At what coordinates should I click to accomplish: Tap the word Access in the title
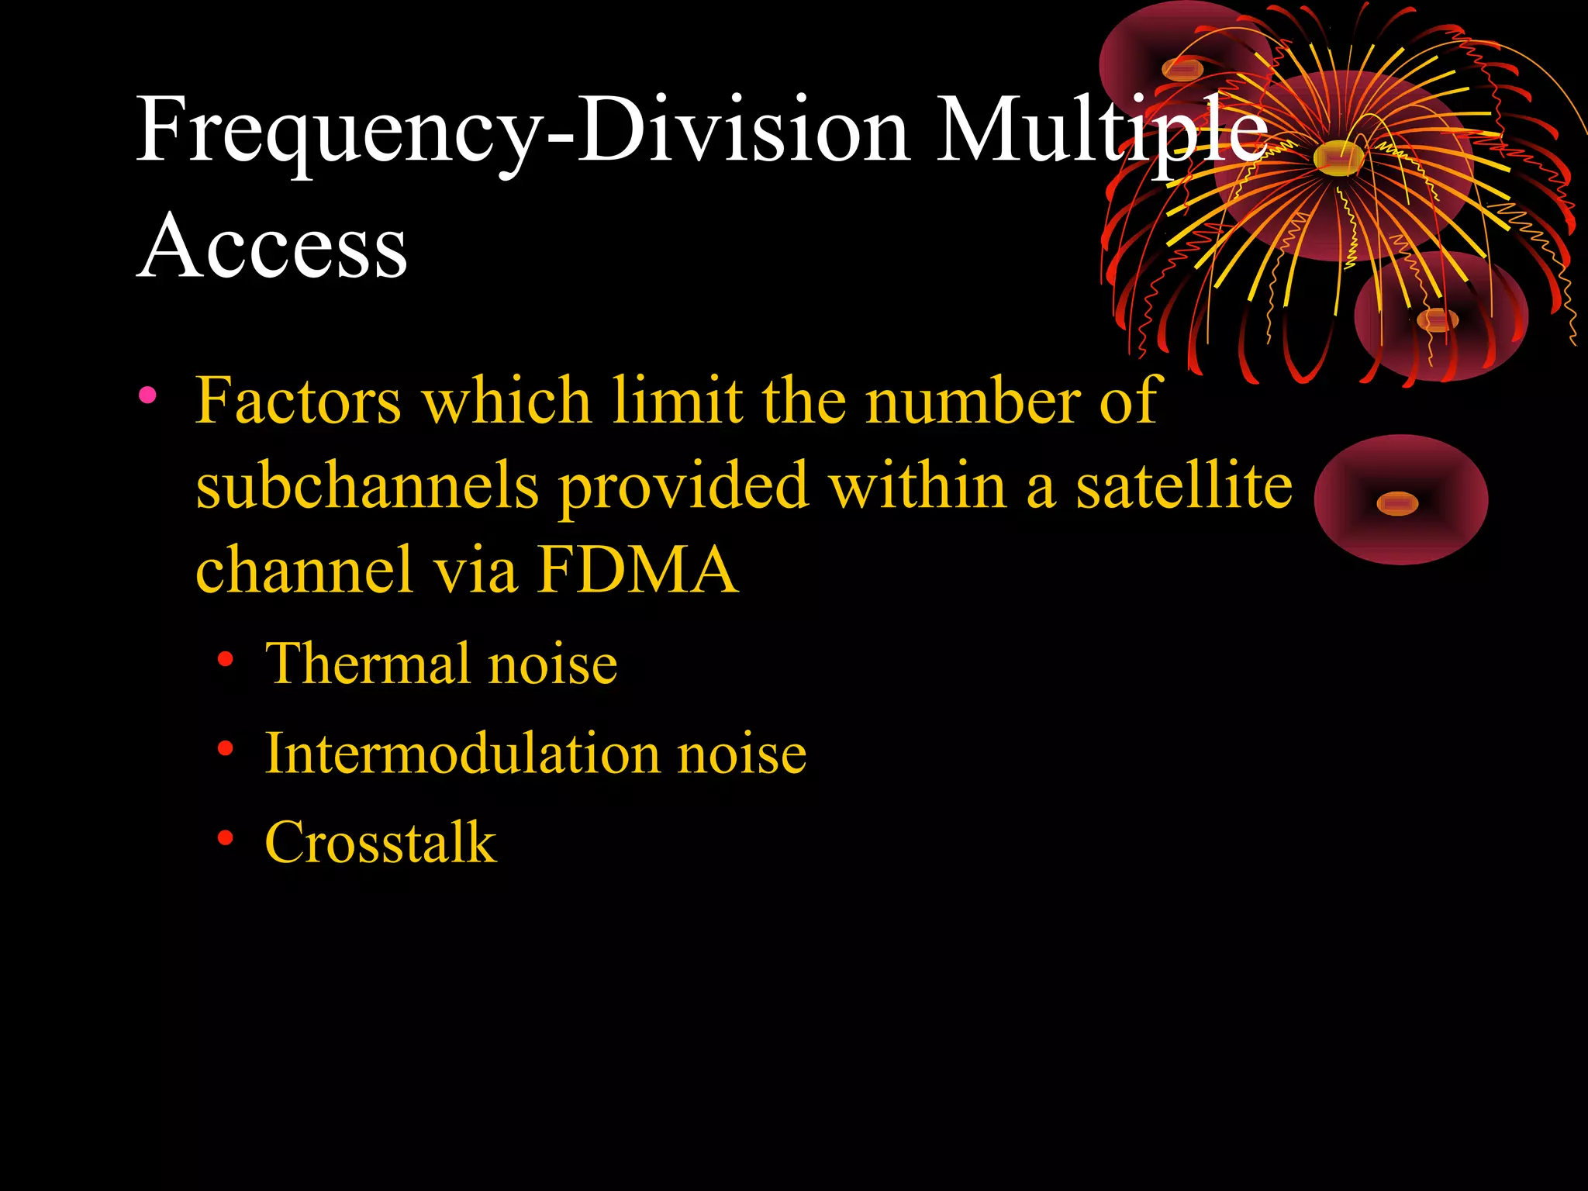pyautogui.click(x=272, y=247)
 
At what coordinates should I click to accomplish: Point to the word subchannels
pyautogui.click(x=367, y=485)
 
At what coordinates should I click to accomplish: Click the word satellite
pyautogui.click(x=1184, y=485)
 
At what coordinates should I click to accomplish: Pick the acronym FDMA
pyautogui.click(x=637, y=570)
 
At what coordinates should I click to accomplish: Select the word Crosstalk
pyautogui.click(x=380, y=842)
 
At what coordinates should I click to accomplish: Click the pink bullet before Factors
pyautogui.click(x=147, y=396)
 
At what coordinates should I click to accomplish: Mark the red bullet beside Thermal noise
pyautogui.click(x=226, y=660)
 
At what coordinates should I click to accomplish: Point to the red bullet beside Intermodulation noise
pyautogui.click(x=226, y=749)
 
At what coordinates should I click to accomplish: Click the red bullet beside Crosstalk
pyautogui.click(x=226, y=837)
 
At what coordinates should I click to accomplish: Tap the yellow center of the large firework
pyautogui.click(x=1338, y=158)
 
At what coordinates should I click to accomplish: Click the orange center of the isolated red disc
pyautogui.click(x=1397, y=504)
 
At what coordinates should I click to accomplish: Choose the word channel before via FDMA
pyautogui.click(x=304, y=570)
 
